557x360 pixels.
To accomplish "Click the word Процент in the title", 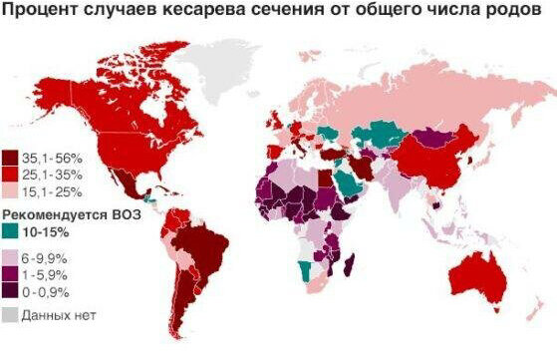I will pos(39,13).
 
